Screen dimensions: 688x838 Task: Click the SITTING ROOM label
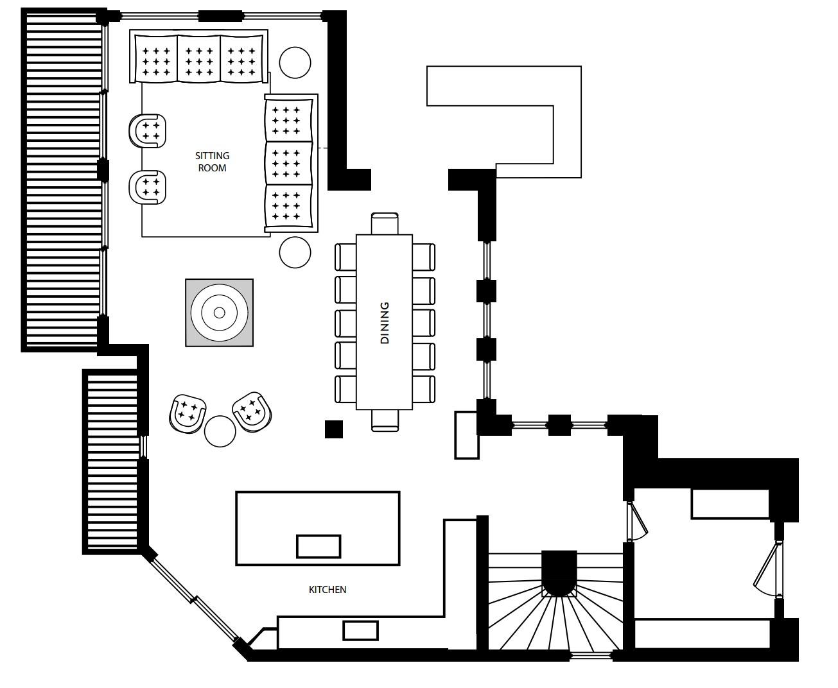coord(212,162)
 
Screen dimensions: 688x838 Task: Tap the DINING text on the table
coord(385,323)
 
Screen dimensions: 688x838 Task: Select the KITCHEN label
coord(327,589)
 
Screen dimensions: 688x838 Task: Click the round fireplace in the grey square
coord(219,313)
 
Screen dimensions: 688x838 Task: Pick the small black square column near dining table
coord(333,429)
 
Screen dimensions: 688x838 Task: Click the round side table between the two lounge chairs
coord(220,431)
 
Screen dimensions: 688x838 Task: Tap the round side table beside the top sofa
coord(295,63)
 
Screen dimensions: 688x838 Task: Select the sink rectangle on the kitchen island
coord(318,546)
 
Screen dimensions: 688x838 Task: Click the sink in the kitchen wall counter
coord(360,630)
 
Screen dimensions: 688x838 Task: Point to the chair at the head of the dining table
coord(385,223)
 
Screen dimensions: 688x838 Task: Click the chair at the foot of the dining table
coord(385,420)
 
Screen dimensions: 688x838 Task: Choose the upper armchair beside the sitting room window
coord(148,130)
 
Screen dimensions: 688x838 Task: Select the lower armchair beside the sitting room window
coord(148,187)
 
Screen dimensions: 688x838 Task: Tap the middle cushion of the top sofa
coord(198,59)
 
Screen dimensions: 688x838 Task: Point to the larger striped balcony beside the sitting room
coord(63,180)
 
